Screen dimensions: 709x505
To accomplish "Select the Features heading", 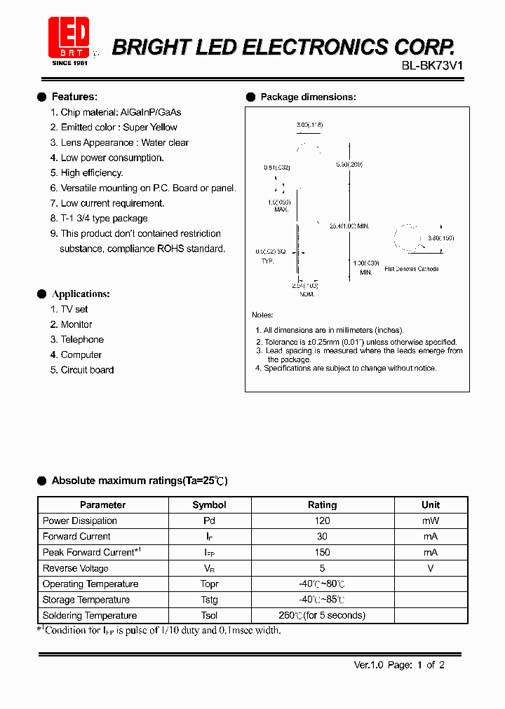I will [x=74, y=97].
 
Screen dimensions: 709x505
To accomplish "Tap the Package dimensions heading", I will [x=308, y=97].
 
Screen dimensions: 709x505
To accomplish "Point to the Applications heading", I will [x=81, y=294].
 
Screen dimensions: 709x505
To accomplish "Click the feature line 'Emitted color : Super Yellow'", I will [x=119, y=128].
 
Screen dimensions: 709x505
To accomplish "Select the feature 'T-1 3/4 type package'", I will [x=104, y=219].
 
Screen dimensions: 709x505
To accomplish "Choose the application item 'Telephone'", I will [x=82, y=340].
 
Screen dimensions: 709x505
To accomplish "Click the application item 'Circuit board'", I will [x=87, y=370].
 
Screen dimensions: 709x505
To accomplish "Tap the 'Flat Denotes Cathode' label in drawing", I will [x=412, y=269].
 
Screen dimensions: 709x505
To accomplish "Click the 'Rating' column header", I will [x=322, y=505].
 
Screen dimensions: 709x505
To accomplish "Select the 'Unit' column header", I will [x=431, y=505].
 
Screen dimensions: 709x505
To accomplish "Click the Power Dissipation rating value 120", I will [x=322, y=521].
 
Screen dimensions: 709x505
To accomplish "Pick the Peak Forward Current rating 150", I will [x=322, y=553].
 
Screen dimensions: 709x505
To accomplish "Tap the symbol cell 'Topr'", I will [x=209, y=584].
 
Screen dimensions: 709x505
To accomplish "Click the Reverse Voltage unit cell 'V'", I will [x=431, y=569].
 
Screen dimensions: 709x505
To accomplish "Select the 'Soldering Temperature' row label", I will [x=90, y=616].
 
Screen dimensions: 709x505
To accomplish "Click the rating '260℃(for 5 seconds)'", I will [x=322, y=616].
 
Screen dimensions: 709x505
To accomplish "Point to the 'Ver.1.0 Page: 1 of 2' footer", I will [x=399, y=666].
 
